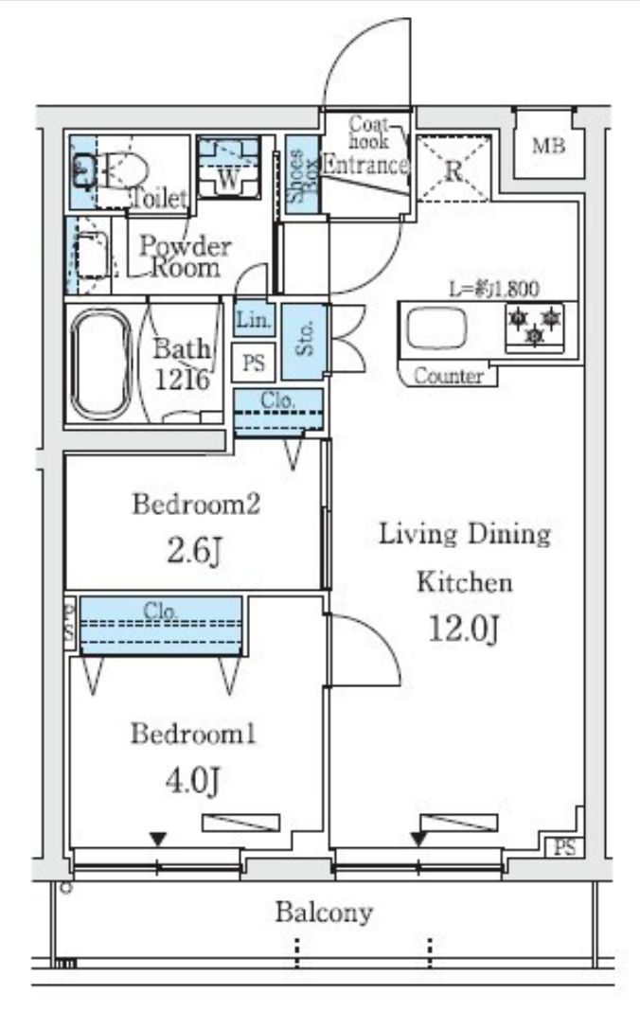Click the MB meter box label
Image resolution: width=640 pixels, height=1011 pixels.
click(548, 146)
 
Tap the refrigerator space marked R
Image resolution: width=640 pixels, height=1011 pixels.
click(453, 168)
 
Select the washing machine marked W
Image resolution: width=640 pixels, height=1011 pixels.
click(228, 167)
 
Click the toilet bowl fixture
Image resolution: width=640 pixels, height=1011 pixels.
click(114, 170)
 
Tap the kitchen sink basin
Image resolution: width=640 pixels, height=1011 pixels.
click(436, 327)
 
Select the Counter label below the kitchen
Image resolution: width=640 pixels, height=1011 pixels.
click(449, 375)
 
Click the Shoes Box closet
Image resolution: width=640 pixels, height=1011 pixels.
click(302, 175)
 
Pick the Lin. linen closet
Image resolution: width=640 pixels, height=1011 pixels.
click(254, 319)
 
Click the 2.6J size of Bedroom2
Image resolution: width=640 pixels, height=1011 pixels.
click(195, 551)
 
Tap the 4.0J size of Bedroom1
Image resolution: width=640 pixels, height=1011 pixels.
click(193, 781)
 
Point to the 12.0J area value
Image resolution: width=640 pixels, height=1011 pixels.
click(464, 629)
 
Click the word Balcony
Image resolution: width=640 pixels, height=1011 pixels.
click(324, 913)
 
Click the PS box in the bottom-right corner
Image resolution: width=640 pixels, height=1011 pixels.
click(564, 847)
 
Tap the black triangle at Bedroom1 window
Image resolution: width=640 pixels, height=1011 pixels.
click(159, 840)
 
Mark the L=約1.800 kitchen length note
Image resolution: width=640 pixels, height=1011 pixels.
click(493, 288)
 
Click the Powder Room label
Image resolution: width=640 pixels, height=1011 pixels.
click(186, 256)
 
